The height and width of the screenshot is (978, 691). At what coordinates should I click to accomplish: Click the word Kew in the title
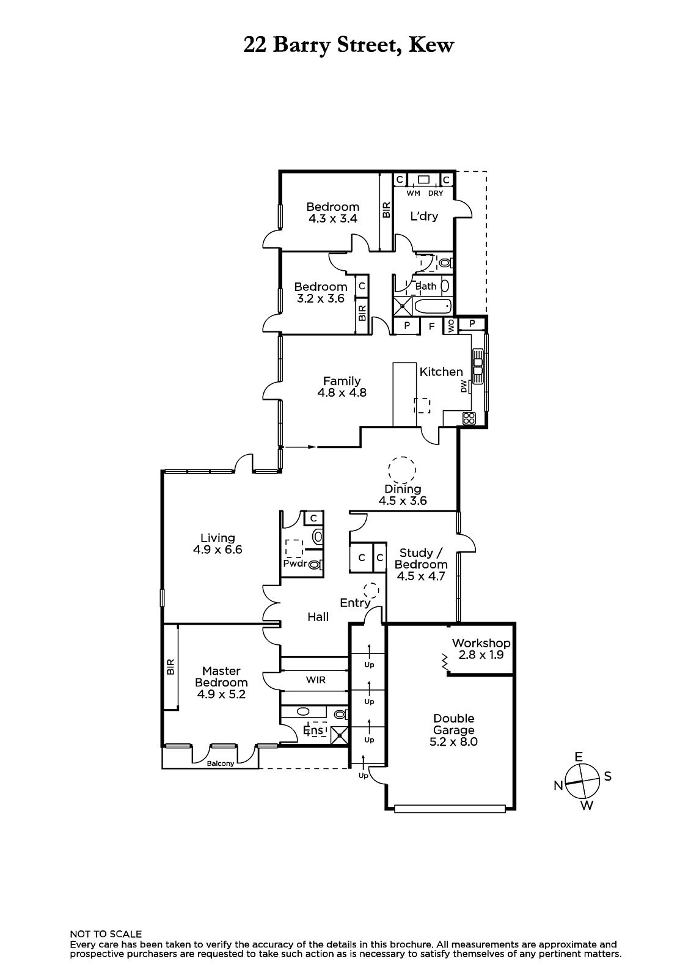431,45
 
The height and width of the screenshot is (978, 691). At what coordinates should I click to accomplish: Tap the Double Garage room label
453,730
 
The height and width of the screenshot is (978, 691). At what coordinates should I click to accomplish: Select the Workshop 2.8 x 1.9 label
481,649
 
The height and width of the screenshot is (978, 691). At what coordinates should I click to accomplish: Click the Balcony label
221,763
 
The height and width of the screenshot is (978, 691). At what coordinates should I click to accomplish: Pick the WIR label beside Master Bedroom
316,680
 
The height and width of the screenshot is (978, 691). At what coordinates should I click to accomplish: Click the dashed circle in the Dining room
402,470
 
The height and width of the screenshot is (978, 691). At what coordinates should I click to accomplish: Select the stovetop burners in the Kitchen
469,418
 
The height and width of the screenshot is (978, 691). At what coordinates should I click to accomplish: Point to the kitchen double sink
477,366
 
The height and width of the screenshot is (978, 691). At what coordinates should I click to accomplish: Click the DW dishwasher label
464,386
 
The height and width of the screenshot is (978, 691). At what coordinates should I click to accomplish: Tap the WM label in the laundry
414,193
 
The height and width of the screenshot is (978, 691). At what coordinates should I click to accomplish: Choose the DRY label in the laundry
436,193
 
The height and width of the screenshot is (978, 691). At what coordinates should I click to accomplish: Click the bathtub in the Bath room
432,306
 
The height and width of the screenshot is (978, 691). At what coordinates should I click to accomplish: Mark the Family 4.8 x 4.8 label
342,386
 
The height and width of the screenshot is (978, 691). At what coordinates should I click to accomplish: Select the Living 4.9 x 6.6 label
218,543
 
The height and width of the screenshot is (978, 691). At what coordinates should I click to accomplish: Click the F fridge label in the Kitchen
432,326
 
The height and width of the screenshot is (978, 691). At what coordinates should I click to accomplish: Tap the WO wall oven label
451,325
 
